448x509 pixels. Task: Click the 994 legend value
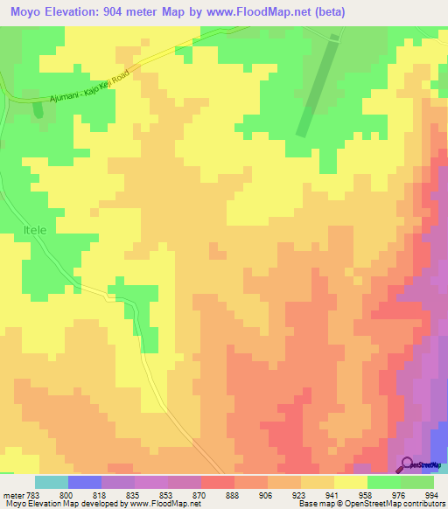point(429,494)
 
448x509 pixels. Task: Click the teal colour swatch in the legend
point(52,482)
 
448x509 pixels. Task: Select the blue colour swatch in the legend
point(85,482)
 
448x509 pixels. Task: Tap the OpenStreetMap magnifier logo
point(407,464)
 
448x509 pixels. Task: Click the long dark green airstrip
point(317,87)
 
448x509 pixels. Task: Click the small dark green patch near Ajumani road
point(37,109)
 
